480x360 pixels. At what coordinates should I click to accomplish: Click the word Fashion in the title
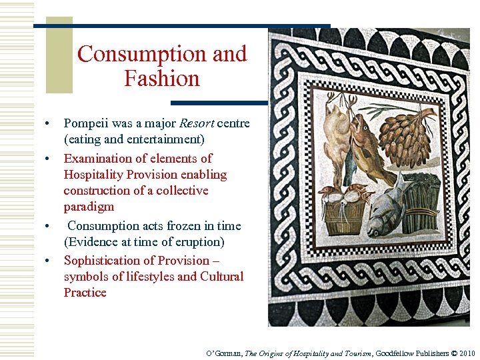pos(161,79)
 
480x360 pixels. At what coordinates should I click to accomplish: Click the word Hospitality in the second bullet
pos(93,175)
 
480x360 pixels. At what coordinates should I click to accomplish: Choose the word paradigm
pos(89,207)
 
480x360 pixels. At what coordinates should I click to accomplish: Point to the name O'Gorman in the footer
pos(224,353)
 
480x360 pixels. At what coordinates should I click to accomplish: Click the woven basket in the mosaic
pos(345,213)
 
